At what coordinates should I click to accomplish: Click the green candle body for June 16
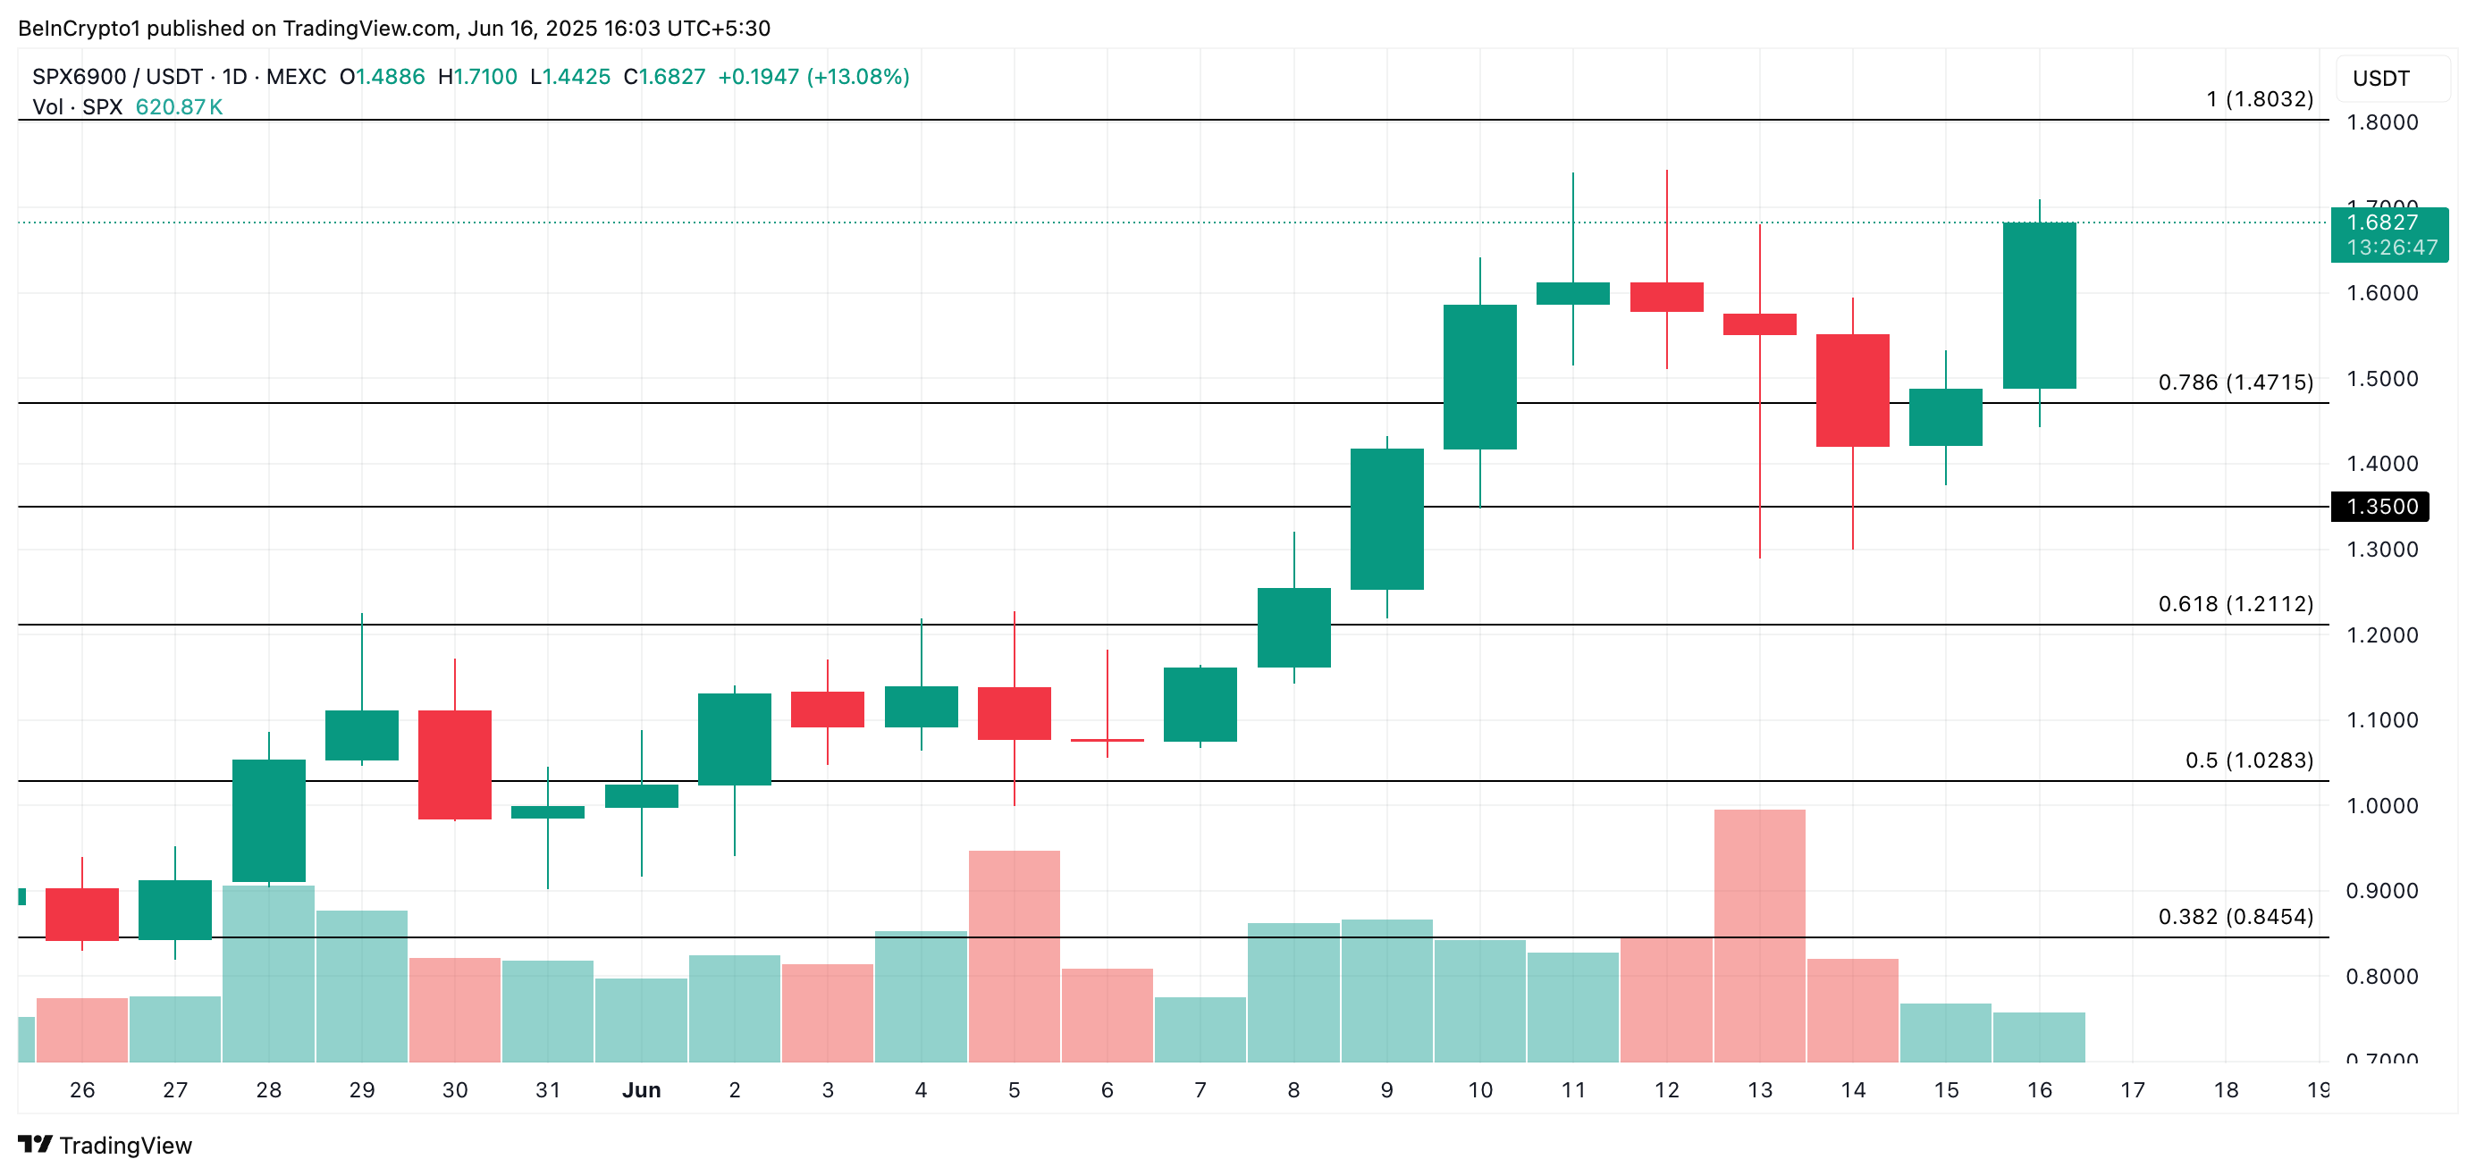click(2039, 306)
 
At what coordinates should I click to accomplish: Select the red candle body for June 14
click(1852, 391)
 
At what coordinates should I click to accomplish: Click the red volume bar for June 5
click(1014, 955)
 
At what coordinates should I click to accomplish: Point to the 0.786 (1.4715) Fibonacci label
click(2235, 382)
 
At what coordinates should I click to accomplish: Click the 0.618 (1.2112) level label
click(2235, 603)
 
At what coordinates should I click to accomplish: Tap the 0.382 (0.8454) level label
click(2235, 917)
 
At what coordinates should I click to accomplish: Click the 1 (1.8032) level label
click(2259, 99)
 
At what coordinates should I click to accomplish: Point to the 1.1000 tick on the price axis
click(2382, 719)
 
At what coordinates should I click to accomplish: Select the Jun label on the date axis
click(641, 1089)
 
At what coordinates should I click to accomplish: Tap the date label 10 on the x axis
click(1480, 1089)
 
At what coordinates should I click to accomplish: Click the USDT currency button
click(2382, 79)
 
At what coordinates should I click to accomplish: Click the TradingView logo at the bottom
click(105, 1146)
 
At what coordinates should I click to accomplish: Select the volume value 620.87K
click(179, 106)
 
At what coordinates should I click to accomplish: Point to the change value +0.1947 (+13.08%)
click(813, 77)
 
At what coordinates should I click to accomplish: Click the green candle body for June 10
click(1479, 376)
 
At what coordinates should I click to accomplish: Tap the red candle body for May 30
click(455, 765)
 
